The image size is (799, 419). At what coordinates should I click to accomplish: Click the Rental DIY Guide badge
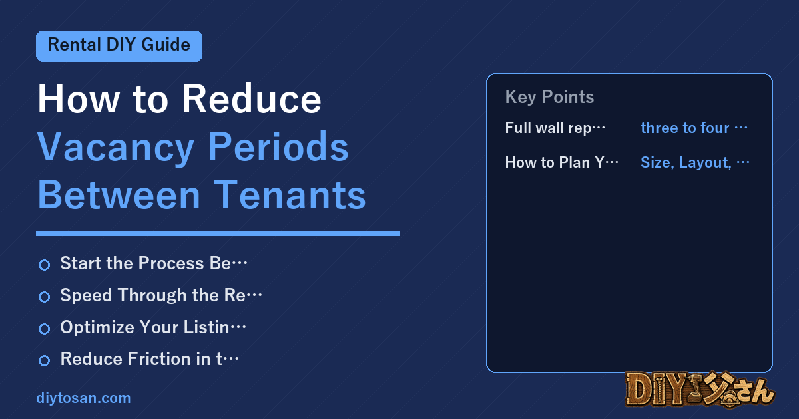119,46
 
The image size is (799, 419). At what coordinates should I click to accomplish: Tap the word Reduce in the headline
252,98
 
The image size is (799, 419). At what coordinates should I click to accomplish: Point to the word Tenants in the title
290,195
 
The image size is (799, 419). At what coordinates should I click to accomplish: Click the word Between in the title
119,195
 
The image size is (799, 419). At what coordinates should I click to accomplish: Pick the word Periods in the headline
278,146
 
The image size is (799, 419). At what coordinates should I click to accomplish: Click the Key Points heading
549,97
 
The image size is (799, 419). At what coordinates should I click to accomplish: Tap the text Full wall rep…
555,128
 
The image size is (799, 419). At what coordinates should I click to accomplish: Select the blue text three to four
685,128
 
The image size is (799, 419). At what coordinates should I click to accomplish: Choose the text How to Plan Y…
562,162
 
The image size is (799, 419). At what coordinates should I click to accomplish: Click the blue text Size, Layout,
686,163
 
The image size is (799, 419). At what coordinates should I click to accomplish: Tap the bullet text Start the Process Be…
154,263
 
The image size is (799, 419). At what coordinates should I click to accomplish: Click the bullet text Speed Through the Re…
161,295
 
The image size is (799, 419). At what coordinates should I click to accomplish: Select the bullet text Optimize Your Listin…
153,327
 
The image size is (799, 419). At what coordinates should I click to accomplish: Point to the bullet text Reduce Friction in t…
150,358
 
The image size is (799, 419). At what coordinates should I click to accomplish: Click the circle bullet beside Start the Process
44,265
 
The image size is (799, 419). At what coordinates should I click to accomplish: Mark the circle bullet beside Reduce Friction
44,360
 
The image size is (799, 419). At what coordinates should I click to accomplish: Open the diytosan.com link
83,398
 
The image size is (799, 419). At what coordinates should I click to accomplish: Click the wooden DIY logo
700,390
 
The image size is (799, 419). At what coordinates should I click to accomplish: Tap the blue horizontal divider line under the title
218,233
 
